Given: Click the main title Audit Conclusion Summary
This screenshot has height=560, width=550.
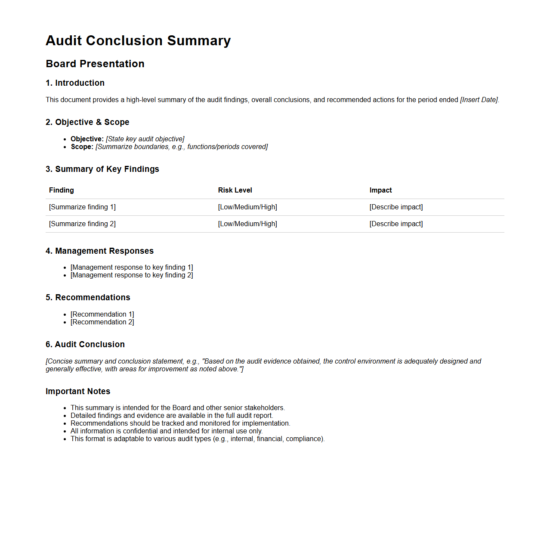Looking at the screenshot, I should [x=138, y=40].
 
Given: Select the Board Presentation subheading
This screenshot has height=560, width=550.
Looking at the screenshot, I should [x=95, y=64].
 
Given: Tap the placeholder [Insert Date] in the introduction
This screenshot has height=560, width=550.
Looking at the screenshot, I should [x=479, y=100].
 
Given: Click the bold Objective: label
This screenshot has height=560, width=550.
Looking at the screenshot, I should [x=87, y=139].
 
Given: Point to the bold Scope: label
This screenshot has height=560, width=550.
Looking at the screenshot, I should [x=82, y=147].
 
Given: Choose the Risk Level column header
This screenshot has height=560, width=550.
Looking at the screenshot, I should [x=235, y=190].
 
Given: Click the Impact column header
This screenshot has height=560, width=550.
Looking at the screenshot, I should [x=380, y=190].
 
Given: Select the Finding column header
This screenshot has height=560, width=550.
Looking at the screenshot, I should [x=62, y=190].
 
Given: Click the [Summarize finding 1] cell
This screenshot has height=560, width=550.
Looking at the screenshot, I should [x=82, y=207].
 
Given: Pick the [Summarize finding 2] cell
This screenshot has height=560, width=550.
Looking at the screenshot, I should [x=82, y=224].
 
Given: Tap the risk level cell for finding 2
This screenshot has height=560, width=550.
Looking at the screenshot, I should [x=247, y=224].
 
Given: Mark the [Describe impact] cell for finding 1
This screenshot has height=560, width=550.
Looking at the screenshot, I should [x=396, y=207].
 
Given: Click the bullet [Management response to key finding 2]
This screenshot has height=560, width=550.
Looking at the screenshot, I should [x=132, y=275].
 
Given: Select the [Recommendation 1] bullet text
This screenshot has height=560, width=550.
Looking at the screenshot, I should [x=102, y=314].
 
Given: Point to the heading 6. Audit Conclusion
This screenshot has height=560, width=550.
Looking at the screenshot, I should [x=85, y=345].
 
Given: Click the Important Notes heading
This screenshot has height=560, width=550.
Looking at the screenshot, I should [x=78, y=392].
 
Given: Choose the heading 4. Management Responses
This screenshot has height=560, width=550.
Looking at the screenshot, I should [x=99, y=251].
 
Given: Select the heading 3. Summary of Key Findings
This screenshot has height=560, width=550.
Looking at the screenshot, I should [x=102, y=169].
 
